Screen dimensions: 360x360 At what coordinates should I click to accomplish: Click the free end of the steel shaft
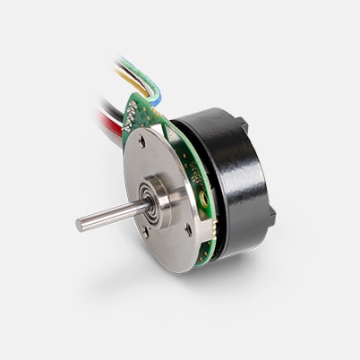point(81,225)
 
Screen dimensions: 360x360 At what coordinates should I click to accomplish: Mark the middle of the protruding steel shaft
point(112,212)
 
